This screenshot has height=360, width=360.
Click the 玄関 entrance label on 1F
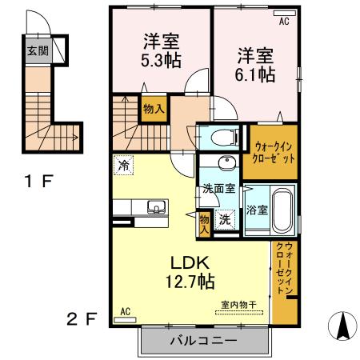point(37,50)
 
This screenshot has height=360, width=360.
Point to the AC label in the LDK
point(125,311)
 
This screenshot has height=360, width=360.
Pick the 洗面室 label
point(218,190)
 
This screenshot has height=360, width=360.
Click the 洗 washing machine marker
point(226,218)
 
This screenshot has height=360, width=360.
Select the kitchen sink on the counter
point(154,210)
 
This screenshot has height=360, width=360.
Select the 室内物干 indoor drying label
point(238,305)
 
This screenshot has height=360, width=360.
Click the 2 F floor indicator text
point(82,319)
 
